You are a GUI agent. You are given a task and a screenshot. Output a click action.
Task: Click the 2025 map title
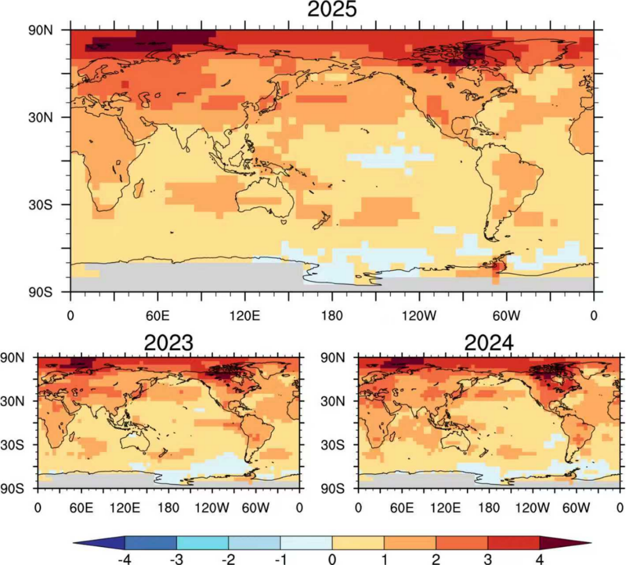(332, 10)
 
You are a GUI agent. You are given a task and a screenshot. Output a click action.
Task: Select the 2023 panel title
(168, 342)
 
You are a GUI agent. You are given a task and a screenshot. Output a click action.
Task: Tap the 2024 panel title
(489, 342)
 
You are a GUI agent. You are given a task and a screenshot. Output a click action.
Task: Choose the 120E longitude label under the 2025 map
(245, 315)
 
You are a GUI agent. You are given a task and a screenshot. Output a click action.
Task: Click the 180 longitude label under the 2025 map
(332, 315)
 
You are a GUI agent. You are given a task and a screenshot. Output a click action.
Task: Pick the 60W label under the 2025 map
(506, 315)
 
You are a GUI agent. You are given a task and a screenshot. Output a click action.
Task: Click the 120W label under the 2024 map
(533, 506)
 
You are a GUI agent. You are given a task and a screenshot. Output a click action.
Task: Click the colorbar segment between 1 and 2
(410, 544)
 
